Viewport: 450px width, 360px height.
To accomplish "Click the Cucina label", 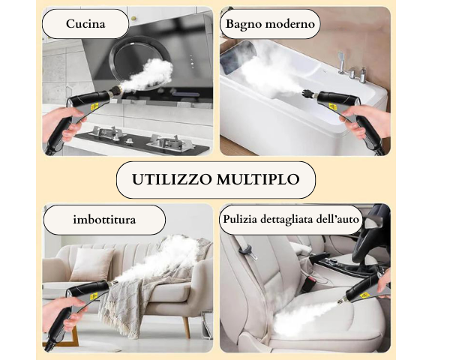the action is coord(85,23).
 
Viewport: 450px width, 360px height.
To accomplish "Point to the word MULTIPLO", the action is coord(258,179).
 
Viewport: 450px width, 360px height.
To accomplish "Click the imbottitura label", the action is coord(104,220).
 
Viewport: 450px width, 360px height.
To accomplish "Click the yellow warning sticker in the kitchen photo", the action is coord(94,107).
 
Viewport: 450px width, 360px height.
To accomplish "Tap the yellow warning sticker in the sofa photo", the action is coord(94,295).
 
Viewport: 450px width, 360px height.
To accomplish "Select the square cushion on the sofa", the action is coord(91,264).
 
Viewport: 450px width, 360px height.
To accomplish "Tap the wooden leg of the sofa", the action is coord(187,326).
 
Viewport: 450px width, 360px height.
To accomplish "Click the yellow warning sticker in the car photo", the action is coord(365,295).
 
